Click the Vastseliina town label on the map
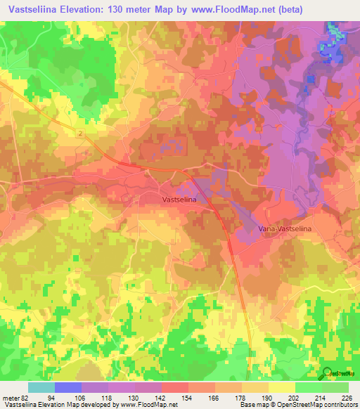point(179,200)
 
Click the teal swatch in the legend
point(41,387)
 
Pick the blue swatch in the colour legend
point(67,387)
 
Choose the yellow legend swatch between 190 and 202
point(281,387)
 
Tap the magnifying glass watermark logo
point(327,374)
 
